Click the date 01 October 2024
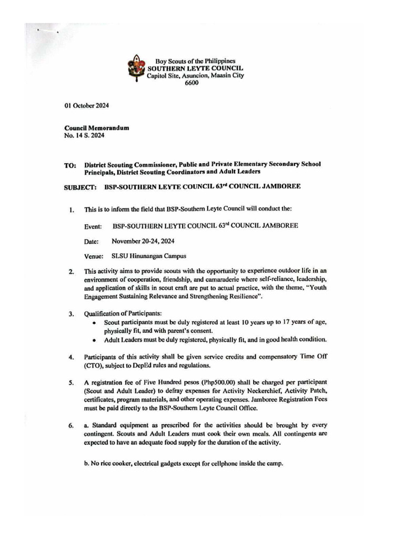tap(87, 105)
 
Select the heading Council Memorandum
tap(97, 128)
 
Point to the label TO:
tap(70, 165)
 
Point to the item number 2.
tap(71, 272)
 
